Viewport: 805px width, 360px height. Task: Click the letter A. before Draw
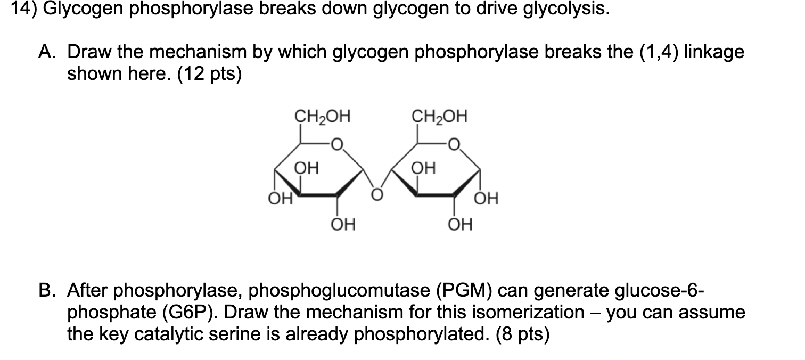(50, 53)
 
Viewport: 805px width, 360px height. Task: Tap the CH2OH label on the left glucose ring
(322, 116)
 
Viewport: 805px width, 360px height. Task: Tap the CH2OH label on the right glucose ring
(440, 116)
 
